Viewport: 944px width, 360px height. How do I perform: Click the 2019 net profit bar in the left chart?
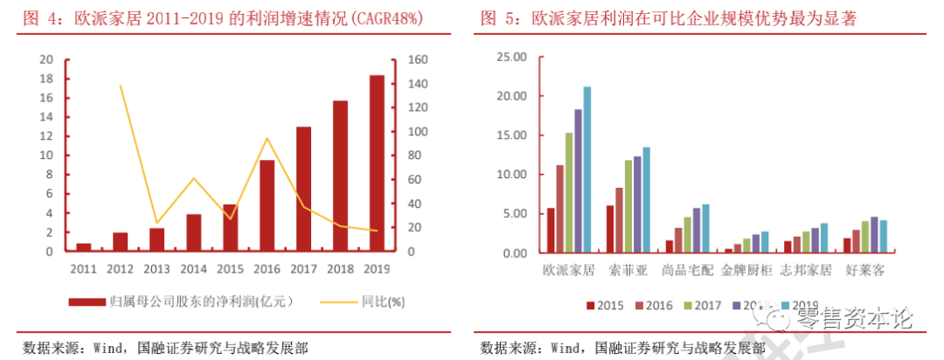(x=377, y=164)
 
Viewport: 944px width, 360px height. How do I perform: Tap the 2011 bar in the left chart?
(x=84, y=247)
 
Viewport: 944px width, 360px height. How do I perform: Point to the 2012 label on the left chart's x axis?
(x=120, y=268)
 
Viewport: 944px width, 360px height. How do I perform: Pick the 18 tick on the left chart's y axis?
(x=46, y=80)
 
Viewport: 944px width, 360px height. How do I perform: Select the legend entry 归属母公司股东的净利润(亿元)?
(x=200, y=302)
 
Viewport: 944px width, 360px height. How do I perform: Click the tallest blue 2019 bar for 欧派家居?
(x=587, y=170)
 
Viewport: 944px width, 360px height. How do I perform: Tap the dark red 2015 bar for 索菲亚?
(x=610, y=229)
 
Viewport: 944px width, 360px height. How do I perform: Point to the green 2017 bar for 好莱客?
(x=864, y=237)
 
